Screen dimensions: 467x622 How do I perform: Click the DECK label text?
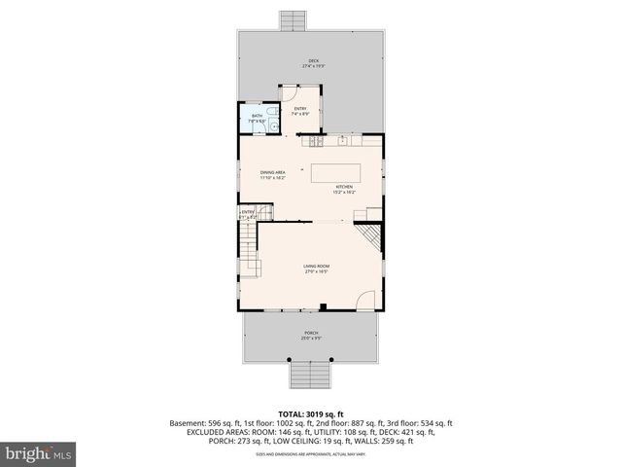(313, 61)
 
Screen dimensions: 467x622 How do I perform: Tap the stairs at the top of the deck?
(292, 20)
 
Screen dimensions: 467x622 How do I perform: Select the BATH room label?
(257, 116)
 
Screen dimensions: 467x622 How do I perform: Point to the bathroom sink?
(275, 124)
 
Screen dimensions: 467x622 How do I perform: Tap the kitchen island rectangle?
(335, 174)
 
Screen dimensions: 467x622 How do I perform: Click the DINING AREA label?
(272, 173)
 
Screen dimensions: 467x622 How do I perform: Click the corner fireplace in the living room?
(370, 238)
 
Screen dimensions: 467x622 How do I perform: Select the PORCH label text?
(311, 334)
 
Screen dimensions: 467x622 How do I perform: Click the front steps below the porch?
(309, 374)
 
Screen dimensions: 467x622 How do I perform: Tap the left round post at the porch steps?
(289, 360)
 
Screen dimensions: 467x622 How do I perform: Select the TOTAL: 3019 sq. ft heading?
(311, 412)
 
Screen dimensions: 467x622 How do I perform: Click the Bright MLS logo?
(37, 453)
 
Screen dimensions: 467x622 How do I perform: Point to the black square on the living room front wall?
(323, 308)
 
